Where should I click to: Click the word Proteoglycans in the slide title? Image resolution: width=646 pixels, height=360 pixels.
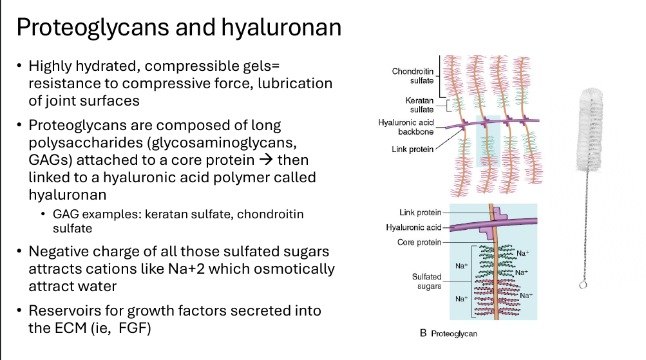[93, 28]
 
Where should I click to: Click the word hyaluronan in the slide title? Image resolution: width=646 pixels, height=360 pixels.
[281, 28]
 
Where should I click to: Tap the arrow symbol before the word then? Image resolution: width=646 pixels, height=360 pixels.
[266, 160]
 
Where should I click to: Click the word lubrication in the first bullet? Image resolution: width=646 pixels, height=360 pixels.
[295, 83]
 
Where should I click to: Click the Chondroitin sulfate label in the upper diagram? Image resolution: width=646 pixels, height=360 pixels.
[413, 76]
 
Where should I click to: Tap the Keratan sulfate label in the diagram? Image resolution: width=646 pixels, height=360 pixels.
[419, 105]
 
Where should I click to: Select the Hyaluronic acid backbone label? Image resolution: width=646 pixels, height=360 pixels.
[406, 127]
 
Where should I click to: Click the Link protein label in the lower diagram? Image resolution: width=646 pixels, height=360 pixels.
[420, 213]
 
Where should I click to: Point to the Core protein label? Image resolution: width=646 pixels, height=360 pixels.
[419, 242]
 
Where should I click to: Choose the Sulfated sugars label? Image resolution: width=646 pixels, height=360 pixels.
[427, 281]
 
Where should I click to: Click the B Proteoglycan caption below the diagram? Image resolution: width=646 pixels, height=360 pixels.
[448, 333]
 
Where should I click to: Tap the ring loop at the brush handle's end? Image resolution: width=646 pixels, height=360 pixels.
[582, 284]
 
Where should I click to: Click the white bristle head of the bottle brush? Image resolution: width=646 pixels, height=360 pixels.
[590, 129]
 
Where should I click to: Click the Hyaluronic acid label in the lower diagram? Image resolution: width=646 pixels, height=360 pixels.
[413, 227]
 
